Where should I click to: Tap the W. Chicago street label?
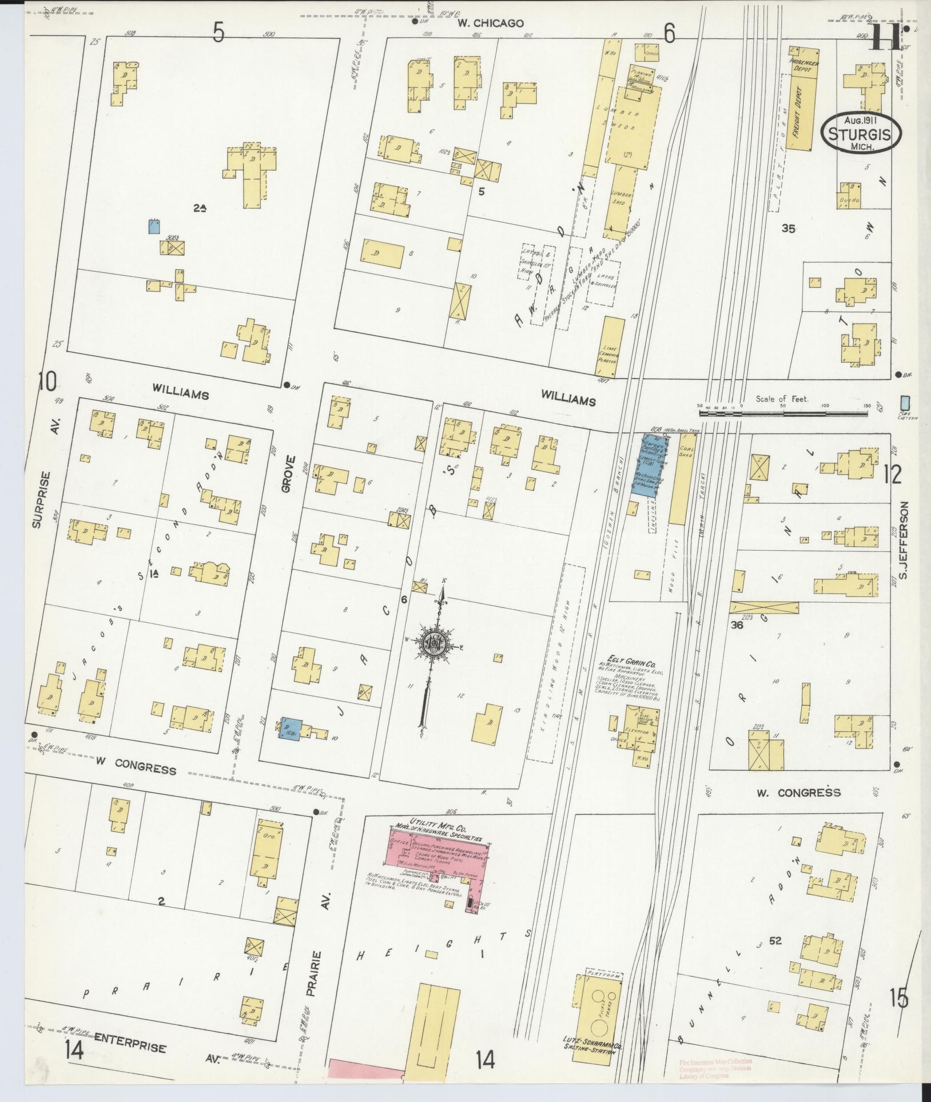point(490,23)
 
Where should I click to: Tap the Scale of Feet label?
point(782,399)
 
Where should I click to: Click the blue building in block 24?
point(153,227)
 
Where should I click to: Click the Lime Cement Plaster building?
point(612,348)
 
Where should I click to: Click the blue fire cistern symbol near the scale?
point(905,403)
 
